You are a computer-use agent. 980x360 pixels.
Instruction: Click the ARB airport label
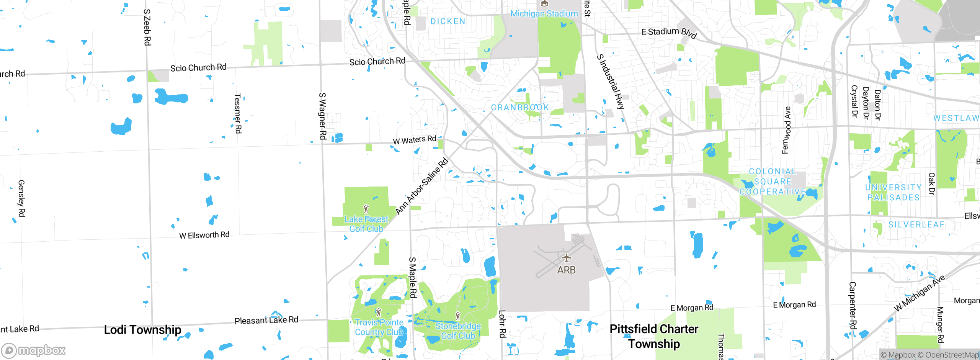coord(566,270)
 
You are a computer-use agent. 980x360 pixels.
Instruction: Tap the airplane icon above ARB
coord(566,257)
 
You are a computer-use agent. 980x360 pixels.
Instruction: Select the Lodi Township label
coord(142,330)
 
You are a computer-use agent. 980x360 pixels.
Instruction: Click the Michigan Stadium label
coord(544,14)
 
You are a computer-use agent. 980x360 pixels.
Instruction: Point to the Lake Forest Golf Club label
coord(366,224)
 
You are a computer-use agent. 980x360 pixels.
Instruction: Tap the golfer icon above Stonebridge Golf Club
coord(458,316)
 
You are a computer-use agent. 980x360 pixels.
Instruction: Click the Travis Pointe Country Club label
coord(379,327)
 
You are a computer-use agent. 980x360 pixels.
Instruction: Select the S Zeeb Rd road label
coord(147,28)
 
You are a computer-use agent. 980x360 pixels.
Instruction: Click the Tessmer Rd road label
coord(238,114)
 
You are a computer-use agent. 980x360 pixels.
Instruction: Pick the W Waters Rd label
coord(415,140)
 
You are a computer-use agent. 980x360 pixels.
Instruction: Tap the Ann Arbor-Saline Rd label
coord(421,186)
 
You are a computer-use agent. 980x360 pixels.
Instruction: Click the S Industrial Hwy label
coord(611,82)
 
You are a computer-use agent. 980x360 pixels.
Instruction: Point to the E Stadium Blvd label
coord(669,33)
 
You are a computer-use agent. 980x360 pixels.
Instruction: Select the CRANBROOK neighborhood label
coord(520,108)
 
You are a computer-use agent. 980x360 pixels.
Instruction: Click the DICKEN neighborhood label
coord(448,21)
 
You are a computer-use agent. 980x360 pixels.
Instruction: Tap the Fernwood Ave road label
coord(786,130)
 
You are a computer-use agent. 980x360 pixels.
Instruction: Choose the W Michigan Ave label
coord(920,293)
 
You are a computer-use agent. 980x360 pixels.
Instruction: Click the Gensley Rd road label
coord(21,198)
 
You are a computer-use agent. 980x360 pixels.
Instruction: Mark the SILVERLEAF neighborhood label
coord(916,225)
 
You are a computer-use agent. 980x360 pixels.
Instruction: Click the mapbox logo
coord(34,350)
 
